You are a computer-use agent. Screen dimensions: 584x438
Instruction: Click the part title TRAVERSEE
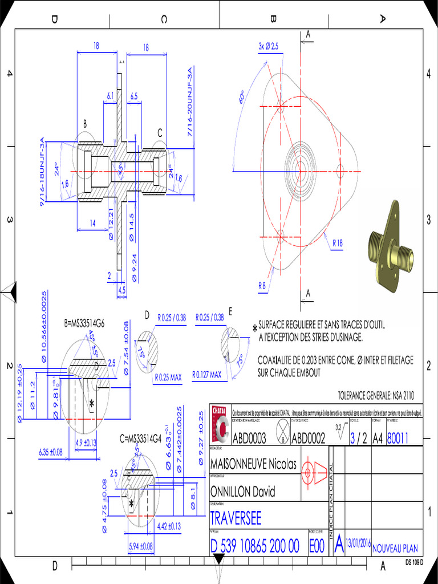click(x=236, y=518)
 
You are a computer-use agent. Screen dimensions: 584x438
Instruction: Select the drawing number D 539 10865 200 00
click(x=254, y=546)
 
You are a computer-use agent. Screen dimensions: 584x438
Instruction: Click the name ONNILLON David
click(x=242, y=492)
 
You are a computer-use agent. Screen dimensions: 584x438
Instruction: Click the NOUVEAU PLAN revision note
click(x=395, y=549)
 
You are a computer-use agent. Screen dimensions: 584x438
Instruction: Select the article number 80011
click(x=398, y=437)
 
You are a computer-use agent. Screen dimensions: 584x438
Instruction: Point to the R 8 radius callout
click(x=262, y=285)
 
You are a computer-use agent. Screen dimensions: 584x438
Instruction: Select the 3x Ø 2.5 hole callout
click(x=268, y=46)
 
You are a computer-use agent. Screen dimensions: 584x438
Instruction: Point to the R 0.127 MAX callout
click(x=207, y=375)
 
